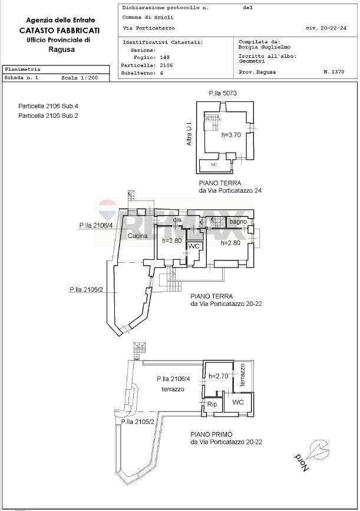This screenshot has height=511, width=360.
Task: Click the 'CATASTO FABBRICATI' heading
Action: [59, 30]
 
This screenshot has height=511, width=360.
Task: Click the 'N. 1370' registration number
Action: [333, 72]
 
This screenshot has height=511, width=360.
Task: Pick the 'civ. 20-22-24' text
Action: [326, 28]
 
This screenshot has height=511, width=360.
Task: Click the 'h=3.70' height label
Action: [232, 135]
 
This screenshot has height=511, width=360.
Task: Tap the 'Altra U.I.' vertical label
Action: [189, 135]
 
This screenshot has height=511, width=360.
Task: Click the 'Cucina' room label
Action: [137, 236]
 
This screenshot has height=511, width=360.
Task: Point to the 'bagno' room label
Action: [238, 222]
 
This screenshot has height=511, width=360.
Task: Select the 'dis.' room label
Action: [176, 220]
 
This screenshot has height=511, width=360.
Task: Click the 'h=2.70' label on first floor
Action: [218, 375]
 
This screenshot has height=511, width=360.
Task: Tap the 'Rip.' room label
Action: [212, 405]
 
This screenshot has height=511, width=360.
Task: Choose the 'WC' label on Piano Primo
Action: [239, 402]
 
